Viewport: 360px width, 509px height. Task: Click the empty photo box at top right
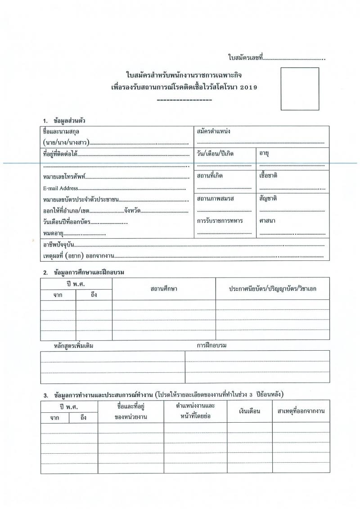point(300,89)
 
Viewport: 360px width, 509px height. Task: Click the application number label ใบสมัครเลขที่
point(245,58)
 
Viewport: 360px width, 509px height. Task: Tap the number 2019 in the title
point(247,87)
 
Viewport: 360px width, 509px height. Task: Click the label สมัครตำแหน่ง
point(214,131)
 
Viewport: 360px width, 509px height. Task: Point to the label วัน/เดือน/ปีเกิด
point(215,154)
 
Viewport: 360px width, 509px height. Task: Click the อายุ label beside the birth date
point(264,154)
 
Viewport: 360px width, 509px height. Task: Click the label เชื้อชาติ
point(268,176)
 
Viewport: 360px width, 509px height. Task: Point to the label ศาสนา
point(267,221)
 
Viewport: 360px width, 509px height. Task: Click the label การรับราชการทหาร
point(220,221)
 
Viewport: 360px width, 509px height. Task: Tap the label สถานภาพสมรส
point(216,198)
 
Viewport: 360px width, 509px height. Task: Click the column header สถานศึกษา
point(164,289)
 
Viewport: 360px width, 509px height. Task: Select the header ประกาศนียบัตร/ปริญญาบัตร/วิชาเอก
point(272,289)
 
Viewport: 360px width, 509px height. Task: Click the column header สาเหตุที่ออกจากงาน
point(301,411)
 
